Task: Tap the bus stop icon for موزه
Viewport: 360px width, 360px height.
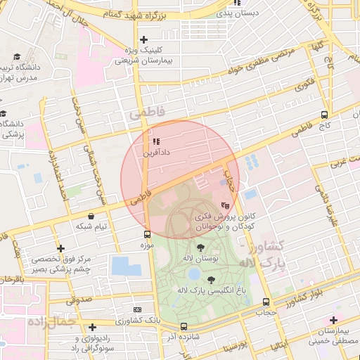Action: click(147, 235)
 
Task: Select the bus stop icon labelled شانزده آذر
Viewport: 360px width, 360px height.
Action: click(184, 326)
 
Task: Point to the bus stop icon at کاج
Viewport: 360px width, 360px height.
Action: click(324, 115)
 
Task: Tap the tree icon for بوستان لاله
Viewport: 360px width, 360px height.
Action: click(201, 247)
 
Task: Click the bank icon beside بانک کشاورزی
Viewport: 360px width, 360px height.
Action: click(136, 309)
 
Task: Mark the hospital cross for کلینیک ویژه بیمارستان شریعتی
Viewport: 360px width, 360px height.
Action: click(143, 39)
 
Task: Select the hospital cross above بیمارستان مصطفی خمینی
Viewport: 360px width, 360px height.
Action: click(334, 321)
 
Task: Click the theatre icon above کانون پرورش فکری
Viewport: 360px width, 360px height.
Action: click(225, 205)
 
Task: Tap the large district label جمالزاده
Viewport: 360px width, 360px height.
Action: click(51, 322)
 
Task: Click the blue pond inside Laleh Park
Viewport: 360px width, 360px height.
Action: click(194, 274)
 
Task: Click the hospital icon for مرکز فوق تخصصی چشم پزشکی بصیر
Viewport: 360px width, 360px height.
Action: click(63, 249)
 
